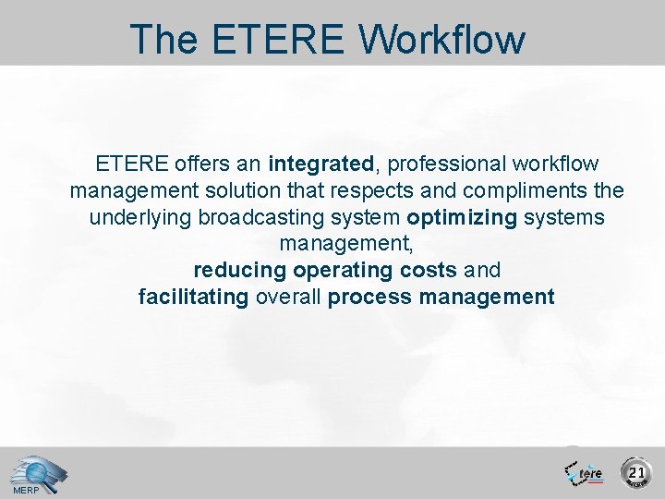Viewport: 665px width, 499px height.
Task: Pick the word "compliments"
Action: [x=527, y=191]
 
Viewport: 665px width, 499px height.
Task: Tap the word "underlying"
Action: [x=140, y=218]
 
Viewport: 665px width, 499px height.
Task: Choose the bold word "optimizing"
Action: [x=462, y=218]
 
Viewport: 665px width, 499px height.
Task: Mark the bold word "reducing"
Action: [x=239, y=271]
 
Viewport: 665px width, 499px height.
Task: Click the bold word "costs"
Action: [x=429, y=271]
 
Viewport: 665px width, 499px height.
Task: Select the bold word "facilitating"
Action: [x=193, y=298]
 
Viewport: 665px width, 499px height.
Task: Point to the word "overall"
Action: [x=288, y=298]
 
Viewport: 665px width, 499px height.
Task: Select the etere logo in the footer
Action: [x=584, y=472]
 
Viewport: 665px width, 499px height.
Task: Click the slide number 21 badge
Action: [x=636, y=472]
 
